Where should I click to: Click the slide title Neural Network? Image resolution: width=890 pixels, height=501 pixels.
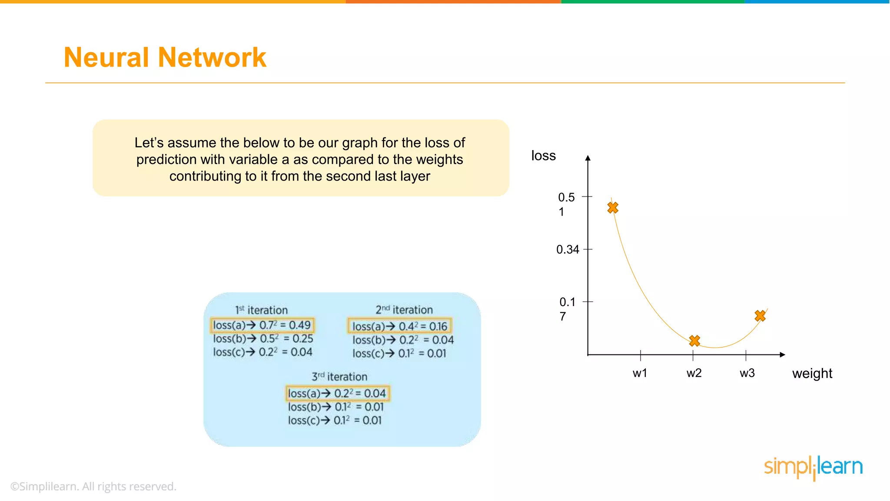pos(165,57)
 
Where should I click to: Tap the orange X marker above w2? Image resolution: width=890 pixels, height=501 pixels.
pos(694,341)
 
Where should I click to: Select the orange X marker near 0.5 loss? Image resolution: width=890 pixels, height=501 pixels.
pos(613,208)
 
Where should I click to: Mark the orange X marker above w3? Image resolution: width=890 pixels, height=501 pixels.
pos(760,316)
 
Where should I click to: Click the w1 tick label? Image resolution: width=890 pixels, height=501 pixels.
pos(640,373)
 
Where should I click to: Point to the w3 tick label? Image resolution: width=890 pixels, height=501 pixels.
pos(747,373)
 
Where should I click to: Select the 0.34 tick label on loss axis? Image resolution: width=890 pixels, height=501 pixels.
pos(568,250)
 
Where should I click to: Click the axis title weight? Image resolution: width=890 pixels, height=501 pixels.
pos(812,374)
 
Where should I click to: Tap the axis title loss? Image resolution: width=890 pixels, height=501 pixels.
pos(543,156)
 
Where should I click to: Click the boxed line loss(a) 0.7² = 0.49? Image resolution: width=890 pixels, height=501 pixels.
pos(262,325)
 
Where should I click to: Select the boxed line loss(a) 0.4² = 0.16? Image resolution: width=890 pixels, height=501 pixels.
pos(399,326)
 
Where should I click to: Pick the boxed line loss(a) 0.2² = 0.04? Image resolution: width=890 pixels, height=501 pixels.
pos(337,393)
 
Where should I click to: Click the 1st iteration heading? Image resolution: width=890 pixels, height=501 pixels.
pos(262,310)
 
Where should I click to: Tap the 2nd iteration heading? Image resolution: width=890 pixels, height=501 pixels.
pos(404,310)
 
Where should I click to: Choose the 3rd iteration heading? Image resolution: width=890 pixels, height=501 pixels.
pos(339,377)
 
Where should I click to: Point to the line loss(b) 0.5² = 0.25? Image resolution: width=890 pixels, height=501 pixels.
pos(263,339)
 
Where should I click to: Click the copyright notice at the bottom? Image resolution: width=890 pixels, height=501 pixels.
pos(93,486)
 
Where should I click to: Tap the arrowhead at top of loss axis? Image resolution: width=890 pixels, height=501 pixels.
pos(588,158)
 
